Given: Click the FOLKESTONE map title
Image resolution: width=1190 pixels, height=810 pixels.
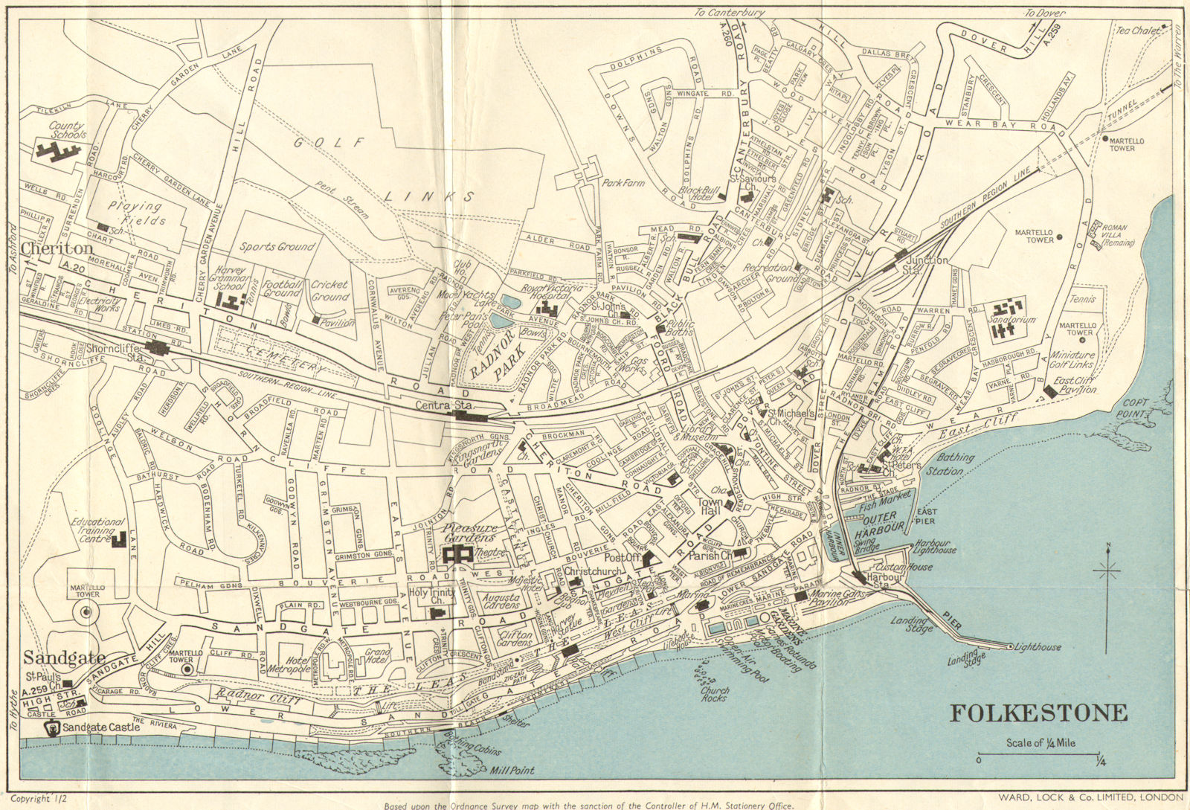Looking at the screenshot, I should [1039, 713].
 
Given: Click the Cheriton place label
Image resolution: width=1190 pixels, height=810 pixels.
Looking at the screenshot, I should [57, 248].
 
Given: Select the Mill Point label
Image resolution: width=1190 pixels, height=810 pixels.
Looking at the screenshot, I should [512, 771].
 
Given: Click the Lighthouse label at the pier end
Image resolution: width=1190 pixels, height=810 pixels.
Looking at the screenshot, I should [1038, 647].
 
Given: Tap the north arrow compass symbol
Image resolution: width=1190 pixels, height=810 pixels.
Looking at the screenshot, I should [1107, 571].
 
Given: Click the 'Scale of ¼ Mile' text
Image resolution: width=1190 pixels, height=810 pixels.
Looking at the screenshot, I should [1041, 742].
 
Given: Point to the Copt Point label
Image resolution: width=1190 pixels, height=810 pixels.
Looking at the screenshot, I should [1136, 407].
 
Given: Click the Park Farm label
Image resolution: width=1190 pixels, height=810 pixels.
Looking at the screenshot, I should [623, 182].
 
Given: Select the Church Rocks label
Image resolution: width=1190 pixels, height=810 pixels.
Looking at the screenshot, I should [715, 694].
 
